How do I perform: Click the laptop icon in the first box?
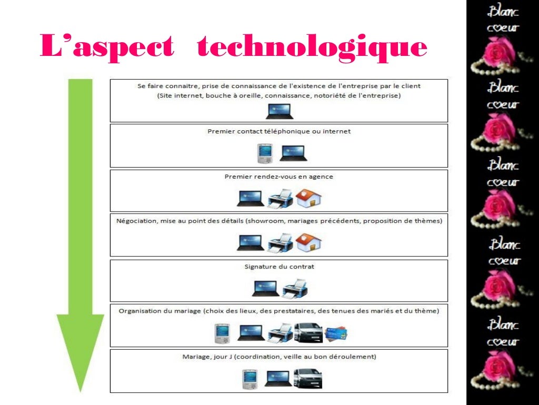[279, 111]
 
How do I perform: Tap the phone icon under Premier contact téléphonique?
[264, 153]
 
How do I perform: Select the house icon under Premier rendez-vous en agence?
[308, 198]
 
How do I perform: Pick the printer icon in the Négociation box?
[280, 243]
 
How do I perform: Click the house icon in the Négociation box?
[308, 243]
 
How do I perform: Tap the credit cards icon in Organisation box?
[337, 333]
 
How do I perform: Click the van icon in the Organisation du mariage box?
[308, 333]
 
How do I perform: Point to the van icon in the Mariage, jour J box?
[308, 378]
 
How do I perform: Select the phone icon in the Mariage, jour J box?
[250, 379]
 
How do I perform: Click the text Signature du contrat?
[279, 267]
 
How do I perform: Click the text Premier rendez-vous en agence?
[279, 177]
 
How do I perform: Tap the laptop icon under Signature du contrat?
[265, 288]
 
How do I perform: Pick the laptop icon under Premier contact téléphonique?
[293, 153]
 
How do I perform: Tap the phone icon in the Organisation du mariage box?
[223, 333]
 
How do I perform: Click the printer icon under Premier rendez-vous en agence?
[280, 199]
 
